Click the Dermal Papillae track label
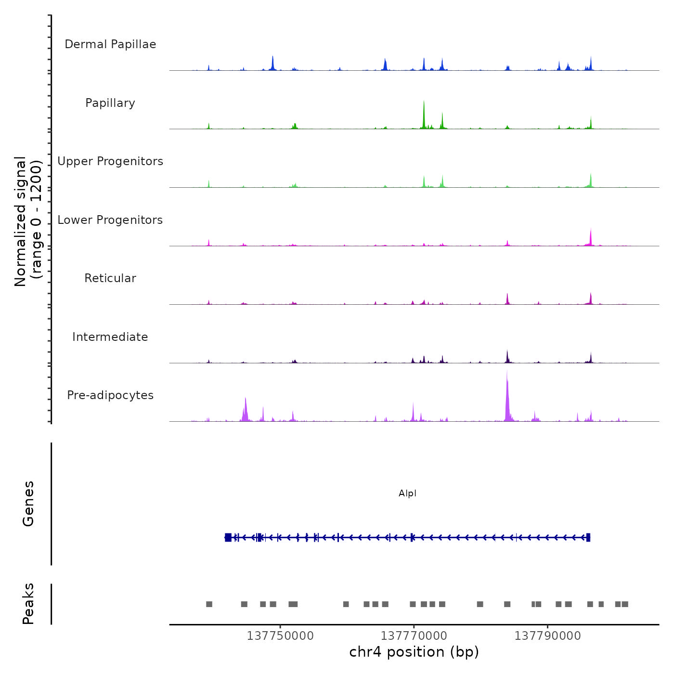tap(110, 44)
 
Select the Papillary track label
tap(110, 103)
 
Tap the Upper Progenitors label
tap(110, 161)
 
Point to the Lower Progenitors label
tap(110, 220)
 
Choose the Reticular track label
tap(110, 278)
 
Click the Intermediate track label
tap(110, 337)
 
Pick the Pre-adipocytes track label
tap(110, 395)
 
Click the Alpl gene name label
tap(407, 493)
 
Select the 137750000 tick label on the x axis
tap(280, 636)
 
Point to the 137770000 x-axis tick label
tap(414, 636)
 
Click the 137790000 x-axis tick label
tap(548, 636)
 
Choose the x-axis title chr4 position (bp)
tap(414, 652)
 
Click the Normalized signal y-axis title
tap(28, 221)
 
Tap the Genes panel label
tap(28, 504)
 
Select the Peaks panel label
tap(28, 604)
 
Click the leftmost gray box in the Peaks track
tap(209, 604)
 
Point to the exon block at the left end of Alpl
tap(228, 537)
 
